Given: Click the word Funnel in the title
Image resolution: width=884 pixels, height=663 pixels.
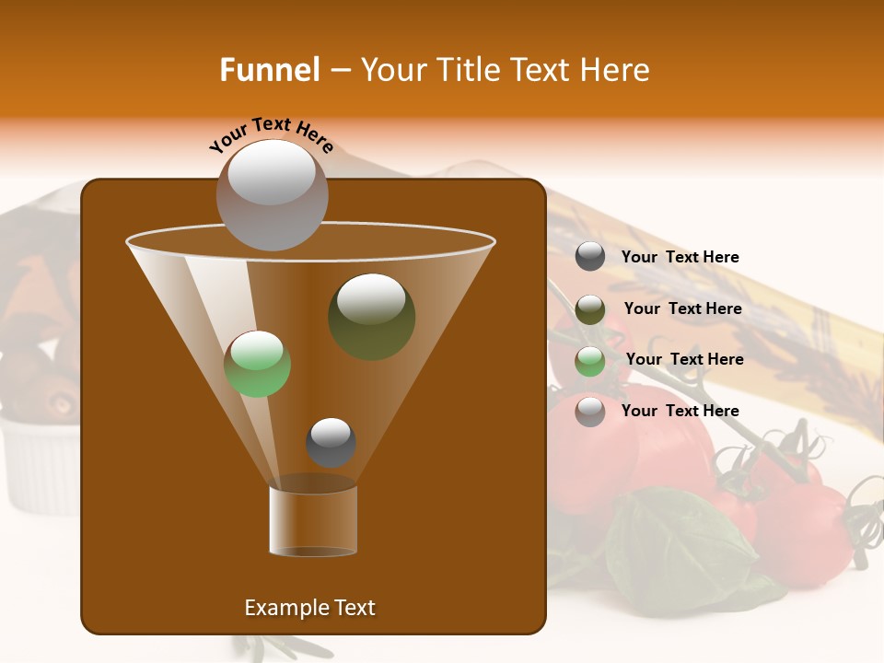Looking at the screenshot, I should pyautogui.click(x=269, y=70).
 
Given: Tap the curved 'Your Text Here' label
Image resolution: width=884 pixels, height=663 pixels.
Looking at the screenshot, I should pyautogui.click(x=272, y=134).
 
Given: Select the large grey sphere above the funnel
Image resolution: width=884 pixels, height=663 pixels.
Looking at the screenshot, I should pyautogui.click(x=272, y=194).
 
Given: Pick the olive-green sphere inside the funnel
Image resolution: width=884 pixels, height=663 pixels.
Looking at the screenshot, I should pyautogui.click(x=371, y=317).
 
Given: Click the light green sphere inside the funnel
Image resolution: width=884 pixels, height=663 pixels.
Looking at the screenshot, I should pyautogui.click(x=257, y=364).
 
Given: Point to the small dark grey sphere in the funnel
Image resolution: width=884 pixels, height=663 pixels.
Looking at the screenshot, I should pyautogui.click(x=331, y=442).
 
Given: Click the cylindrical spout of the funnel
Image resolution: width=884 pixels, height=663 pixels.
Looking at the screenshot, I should pyautogui.click(x=313, y=520).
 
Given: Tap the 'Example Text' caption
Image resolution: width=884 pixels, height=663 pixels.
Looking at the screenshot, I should pyautogui.click(x=309, y=608).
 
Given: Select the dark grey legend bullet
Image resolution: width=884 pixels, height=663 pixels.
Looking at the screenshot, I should pyautogui.click(x=590, y=257).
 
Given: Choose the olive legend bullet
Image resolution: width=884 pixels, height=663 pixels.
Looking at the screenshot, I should pyautogui.click(x=590, y=309).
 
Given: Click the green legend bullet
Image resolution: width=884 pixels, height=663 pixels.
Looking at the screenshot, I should pyautogui.click(x=590, y=361).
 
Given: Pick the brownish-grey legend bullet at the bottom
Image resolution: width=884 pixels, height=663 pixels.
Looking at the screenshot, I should pyautogui.click(x=590, y=412).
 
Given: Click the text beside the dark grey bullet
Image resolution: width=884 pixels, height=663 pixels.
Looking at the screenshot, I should pyautogui.click(x=680, y=258).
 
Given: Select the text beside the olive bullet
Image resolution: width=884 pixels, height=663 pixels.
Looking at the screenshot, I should pyautogui.click(x=682, y=309).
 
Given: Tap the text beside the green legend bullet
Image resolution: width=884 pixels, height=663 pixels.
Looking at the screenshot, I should pyautogui.click(x=684, y=360).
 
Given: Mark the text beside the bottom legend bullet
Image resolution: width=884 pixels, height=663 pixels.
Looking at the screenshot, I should pyautogui.click(x=680, y=411).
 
